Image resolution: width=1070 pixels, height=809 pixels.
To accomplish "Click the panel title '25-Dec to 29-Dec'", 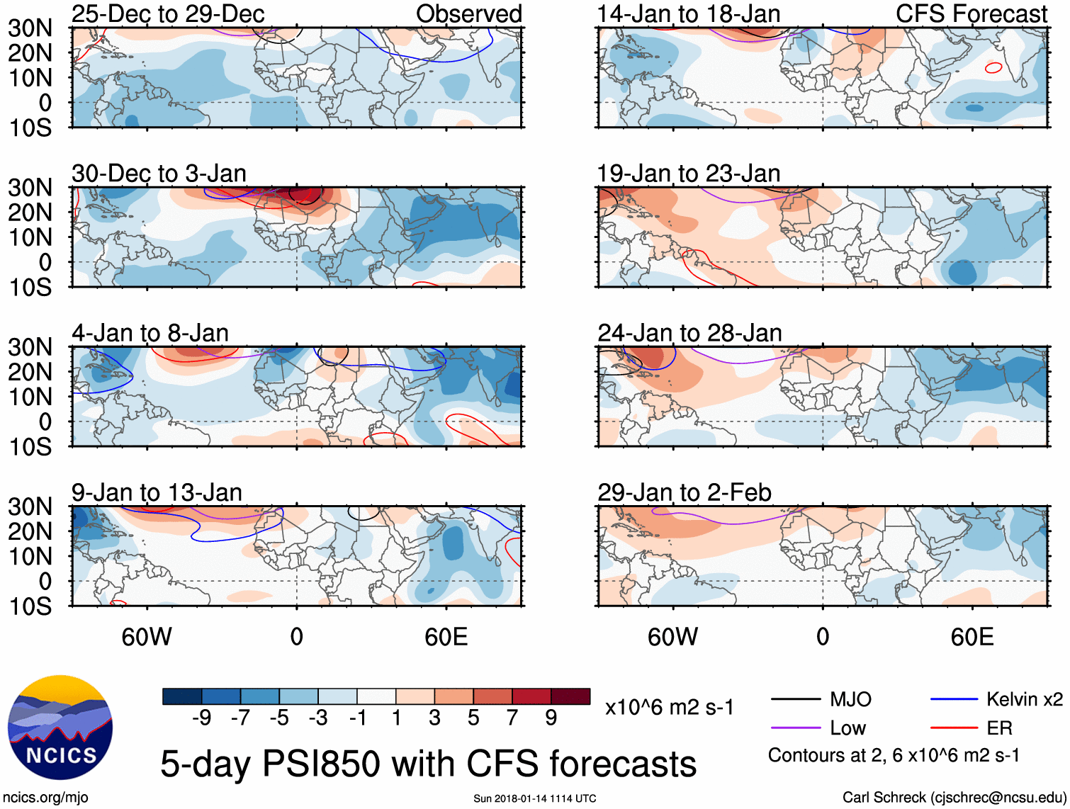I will coord(168,13).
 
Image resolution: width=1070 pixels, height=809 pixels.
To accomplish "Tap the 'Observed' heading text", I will coord(468,13).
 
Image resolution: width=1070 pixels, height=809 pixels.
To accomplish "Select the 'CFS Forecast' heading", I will coord(971,13).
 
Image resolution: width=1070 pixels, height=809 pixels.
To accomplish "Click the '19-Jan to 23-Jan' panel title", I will coord(688,174).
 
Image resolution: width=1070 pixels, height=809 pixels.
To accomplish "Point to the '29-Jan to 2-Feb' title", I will coord(684,492).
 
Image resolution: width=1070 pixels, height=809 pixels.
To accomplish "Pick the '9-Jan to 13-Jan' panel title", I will coord(157,492).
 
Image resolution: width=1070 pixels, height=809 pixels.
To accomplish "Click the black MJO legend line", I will coord(795,700).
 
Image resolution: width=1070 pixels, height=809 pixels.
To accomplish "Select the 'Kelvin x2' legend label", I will coord(1024,700).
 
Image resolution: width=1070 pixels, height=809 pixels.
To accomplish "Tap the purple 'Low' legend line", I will coord(795,728).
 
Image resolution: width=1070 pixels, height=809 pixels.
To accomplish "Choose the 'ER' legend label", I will coord(999,728).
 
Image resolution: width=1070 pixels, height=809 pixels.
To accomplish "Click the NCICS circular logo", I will coord(60,728).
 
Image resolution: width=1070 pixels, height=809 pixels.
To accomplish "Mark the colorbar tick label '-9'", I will coord(201,718).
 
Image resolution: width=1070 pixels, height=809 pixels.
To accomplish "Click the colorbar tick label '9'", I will coord(551,718).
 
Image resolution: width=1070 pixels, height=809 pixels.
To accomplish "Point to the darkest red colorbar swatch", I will coord(570,696).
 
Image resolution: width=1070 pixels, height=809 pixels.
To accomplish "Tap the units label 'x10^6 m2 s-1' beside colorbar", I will coord(669,708).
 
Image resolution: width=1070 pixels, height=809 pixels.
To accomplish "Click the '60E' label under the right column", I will coord(972,637).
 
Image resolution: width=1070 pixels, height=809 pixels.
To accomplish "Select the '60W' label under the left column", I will coord(147,637).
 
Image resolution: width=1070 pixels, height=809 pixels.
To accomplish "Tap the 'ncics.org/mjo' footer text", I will coord(46,798).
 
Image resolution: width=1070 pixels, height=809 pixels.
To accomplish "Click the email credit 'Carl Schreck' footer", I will coord(954,798).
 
